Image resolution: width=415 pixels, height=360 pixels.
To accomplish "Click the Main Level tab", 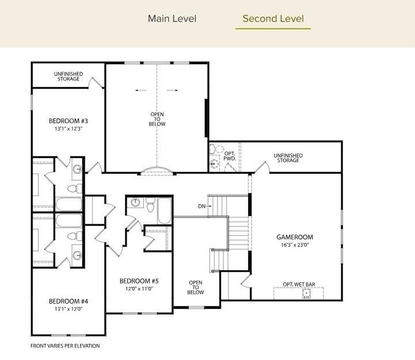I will [172, 19].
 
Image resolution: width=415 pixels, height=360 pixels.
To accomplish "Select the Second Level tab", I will [273, 19].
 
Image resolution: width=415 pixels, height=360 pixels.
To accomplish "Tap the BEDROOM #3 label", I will [68, 121].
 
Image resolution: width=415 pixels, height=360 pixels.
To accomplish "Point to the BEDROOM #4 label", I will [68, 301].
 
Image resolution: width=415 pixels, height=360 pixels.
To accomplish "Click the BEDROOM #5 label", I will [139, 281].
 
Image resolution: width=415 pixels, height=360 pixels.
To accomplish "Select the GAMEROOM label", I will [294, 237].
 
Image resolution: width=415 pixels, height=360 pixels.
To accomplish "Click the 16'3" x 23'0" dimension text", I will [294, 245].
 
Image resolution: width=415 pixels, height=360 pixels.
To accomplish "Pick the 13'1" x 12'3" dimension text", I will [68, 129].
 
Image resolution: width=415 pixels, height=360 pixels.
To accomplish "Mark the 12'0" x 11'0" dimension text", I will [139, 289].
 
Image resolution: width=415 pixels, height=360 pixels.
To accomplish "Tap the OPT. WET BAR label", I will [298, 285].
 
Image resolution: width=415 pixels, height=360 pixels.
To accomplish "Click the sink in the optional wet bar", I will [306, 293].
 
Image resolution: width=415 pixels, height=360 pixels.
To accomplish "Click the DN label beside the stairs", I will [201, 206].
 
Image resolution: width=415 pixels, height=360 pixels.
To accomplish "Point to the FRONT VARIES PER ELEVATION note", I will [65, 346].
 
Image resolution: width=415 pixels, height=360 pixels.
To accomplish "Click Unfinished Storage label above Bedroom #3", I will [68, 76].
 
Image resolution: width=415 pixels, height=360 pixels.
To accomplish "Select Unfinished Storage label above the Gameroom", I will [288, 158].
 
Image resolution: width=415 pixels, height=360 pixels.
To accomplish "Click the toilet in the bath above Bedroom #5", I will [150, 205].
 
